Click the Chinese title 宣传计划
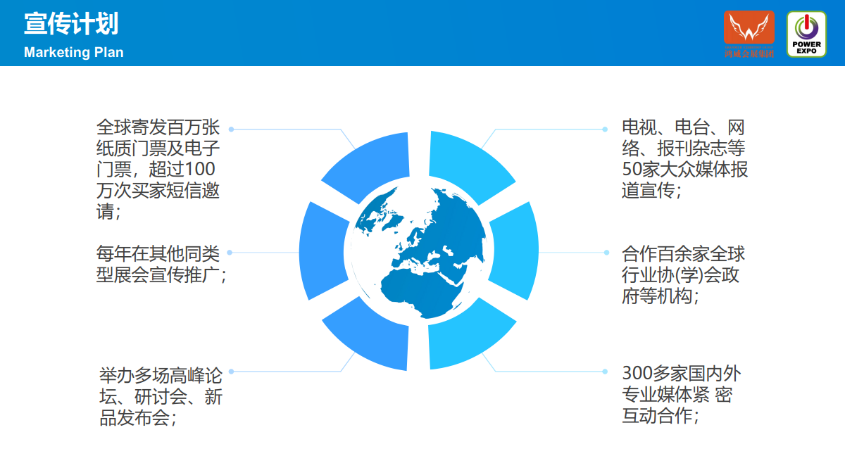(x=71, y=24)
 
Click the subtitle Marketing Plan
(x=74, y=52)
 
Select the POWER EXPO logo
(x=806, y=34)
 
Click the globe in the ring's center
(x=419, y=252)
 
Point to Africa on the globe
(x=419, y=290)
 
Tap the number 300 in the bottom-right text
(x=637, y=374)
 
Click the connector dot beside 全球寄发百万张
(x=231, y=129)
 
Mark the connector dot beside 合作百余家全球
(x=606, y=253)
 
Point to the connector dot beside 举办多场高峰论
(x=231, y=372)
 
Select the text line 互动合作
(x=661, y=416)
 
